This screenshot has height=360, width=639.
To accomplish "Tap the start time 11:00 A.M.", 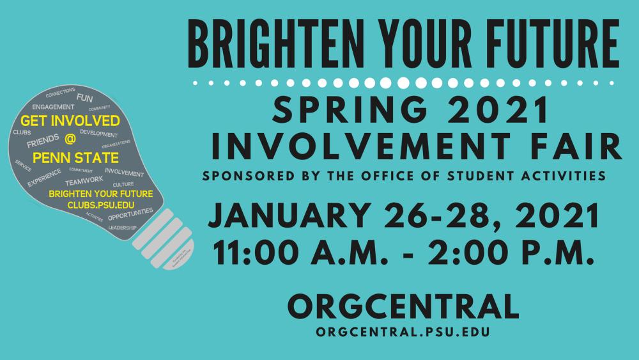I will coord(304,250).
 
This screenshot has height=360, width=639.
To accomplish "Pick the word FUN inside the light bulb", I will coord(84,98).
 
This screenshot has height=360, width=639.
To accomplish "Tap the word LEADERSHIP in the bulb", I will coord(122,228).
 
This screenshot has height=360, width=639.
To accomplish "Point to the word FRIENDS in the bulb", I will coord(43,144).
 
